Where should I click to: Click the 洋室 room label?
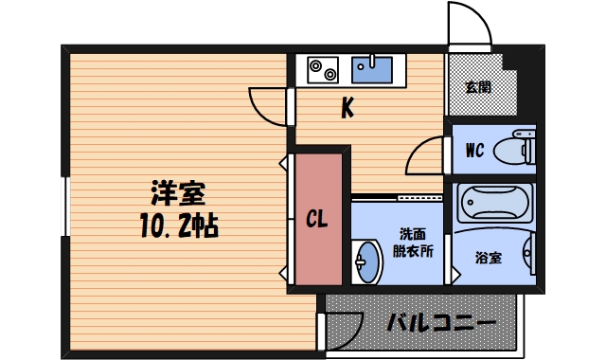(178, 193)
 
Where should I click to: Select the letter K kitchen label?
(348, 110)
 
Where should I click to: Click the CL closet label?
(317, 220)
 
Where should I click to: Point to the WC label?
(475, 149)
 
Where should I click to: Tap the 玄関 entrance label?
(478, 88)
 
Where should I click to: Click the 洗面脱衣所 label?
(414, 243)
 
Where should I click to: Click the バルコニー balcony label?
(441, 323)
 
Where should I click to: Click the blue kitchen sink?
(372, 69)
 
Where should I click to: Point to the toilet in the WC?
(519, 149)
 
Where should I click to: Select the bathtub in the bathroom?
(494, 203)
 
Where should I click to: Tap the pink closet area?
(317, 246)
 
